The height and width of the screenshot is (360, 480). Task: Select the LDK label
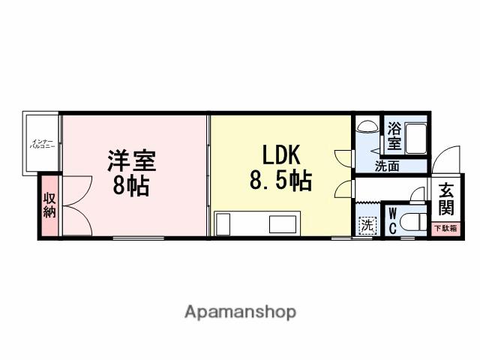click(x=280, y=155)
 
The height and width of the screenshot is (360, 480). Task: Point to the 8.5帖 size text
click(x=280, y=181)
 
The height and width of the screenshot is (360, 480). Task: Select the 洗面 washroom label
click(x=387, y=166)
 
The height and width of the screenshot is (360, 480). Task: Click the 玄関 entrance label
click(x=445, y=199)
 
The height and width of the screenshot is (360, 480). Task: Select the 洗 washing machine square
click(x=367, y=224)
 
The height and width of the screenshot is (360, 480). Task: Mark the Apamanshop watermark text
click(x=240, y=311)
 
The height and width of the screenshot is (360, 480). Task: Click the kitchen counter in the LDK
click(x=257, y=223)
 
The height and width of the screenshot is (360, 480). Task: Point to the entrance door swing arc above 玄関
click(x=442, y=159)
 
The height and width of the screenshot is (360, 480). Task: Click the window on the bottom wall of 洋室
click(x=138, y=238)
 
